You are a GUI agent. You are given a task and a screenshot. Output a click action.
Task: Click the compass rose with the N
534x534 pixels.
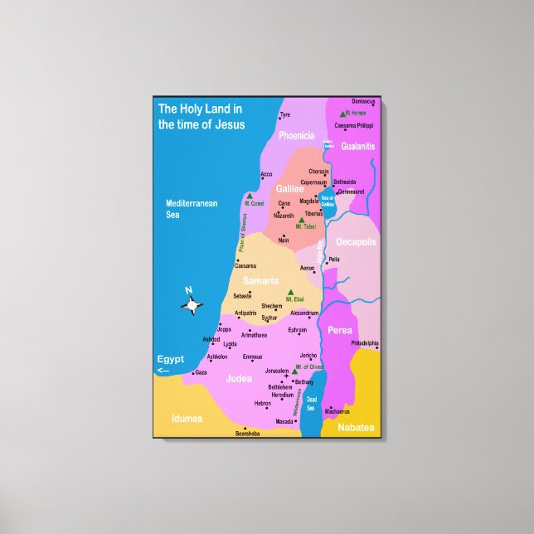click(192, 305)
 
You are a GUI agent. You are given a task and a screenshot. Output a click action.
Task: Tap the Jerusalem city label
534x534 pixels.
click(276, 371)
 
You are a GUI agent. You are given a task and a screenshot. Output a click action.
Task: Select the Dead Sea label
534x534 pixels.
click(311, 405)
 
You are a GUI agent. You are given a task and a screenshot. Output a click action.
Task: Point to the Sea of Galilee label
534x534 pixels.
click(328, 199)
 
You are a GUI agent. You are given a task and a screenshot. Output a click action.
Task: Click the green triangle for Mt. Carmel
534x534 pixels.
click(249, 197)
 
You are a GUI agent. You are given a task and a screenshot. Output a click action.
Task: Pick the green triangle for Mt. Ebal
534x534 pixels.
click(290, 292)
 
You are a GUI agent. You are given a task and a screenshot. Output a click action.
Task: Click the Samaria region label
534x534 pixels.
click(260, 281)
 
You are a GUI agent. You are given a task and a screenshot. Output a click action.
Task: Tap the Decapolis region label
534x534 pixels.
click(356, 242)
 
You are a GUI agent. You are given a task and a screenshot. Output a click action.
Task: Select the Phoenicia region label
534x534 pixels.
click(296, 135)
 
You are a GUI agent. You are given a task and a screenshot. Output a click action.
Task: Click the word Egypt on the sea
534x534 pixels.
click(171, 359)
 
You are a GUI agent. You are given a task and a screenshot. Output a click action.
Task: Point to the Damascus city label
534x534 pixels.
click(363, 101)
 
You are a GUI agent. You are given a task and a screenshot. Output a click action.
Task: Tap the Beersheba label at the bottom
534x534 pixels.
click(247, 433)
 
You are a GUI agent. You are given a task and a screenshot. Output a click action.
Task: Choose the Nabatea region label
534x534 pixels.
click(356, 427)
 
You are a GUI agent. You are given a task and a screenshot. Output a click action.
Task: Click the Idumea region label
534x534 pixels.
click(187, 419)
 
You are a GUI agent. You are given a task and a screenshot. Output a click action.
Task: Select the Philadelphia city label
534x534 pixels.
click(364, 342)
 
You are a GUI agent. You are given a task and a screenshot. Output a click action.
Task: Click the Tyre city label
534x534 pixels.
click(285, 115)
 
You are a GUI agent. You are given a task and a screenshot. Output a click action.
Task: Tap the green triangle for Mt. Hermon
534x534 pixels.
click(342, 113)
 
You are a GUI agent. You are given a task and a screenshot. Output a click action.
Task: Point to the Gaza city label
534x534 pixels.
click(201, 372)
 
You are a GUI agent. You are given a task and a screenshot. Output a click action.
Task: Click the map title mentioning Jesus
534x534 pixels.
click(201, 117)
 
